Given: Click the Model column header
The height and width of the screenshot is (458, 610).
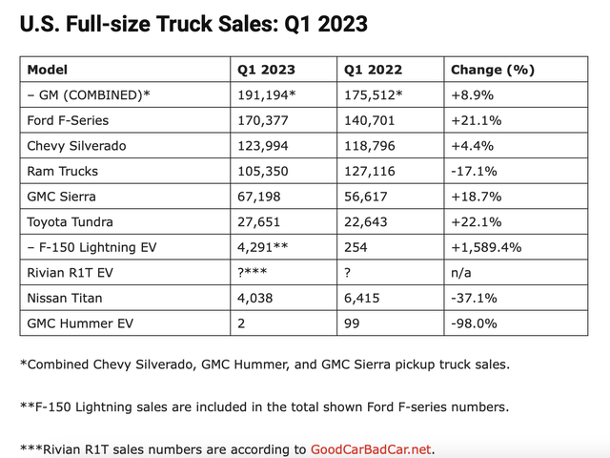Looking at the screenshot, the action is [47, 70].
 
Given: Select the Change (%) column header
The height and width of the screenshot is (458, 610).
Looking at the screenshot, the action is [493, 70].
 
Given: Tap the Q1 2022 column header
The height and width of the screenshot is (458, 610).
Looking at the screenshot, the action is [373, 70].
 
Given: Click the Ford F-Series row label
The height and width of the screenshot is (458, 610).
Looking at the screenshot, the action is [68, 120].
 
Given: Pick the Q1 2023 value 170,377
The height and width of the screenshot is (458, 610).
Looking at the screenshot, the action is [263, 121].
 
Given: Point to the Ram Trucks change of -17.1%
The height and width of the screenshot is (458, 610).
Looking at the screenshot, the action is [474, 172].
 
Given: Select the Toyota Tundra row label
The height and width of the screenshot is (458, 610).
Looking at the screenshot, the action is [70, 222].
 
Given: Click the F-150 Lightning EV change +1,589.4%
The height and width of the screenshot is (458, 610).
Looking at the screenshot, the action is [486, 247].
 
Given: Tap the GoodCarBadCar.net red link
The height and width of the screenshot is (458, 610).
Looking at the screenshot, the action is [371, 449].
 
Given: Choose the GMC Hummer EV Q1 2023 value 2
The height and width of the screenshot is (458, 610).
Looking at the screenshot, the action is [241, 323].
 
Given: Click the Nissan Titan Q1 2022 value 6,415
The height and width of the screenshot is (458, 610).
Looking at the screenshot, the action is [362, 299].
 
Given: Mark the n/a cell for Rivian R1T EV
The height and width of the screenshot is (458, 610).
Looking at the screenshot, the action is [460, 273].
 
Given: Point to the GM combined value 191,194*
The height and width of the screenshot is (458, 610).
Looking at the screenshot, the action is [267, 95].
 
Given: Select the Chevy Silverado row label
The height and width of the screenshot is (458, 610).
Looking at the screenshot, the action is [76, 146].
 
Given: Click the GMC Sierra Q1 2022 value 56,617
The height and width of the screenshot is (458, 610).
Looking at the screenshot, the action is [366, 197].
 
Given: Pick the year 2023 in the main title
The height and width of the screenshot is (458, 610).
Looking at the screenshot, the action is [342, 24].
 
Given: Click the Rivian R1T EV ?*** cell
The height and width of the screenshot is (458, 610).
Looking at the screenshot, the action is [252, 272].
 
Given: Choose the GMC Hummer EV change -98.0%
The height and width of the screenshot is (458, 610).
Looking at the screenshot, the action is [474, 323].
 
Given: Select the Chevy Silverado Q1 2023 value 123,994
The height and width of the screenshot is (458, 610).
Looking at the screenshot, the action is [263, 146].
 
